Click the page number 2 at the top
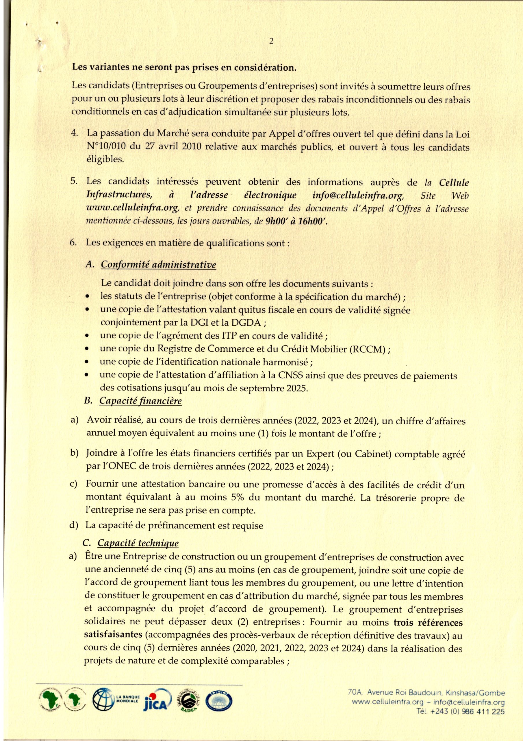(x=271, y=41)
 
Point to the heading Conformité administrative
(x=158, y=265)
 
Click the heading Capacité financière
(x=140, y=401)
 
